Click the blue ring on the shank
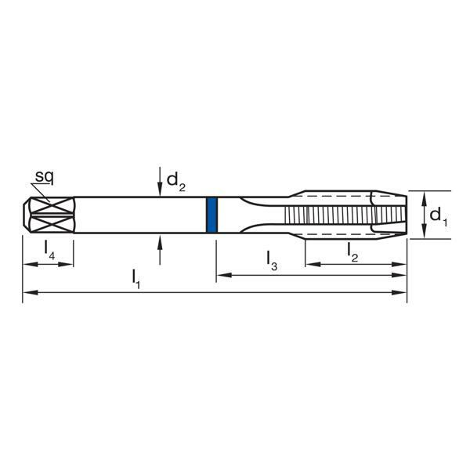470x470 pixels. (211, 215)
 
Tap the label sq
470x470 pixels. (43, 177)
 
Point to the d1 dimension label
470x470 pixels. (439, 215)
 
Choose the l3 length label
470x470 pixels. (271, 258)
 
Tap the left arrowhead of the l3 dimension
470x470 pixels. (221, 274)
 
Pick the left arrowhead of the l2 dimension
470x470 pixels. (310, 264)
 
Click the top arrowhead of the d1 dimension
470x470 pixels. (424, 197)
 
